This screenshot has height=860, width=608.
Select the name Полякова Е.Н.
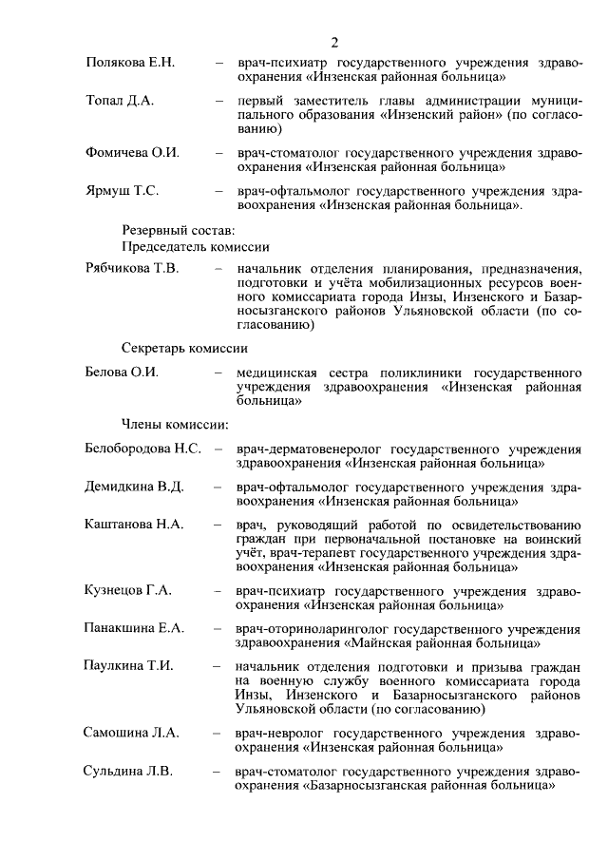click(x=130, y=62)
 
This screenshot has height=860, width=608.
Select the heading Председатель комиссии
click(x=195, y=245)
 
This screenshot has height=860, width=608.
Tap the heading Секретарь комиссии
click(x=184, y=347)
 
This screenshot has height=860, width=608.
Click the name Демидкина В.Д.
click(x=134, y=487)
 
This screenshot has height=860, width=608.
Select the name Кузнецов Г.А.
click(x=128, y=590)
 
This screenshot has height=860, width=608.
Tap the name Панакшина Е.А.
click(x=134, y=628)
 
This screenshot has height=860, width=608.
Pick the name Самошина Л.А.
click(x=132, y=733)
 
